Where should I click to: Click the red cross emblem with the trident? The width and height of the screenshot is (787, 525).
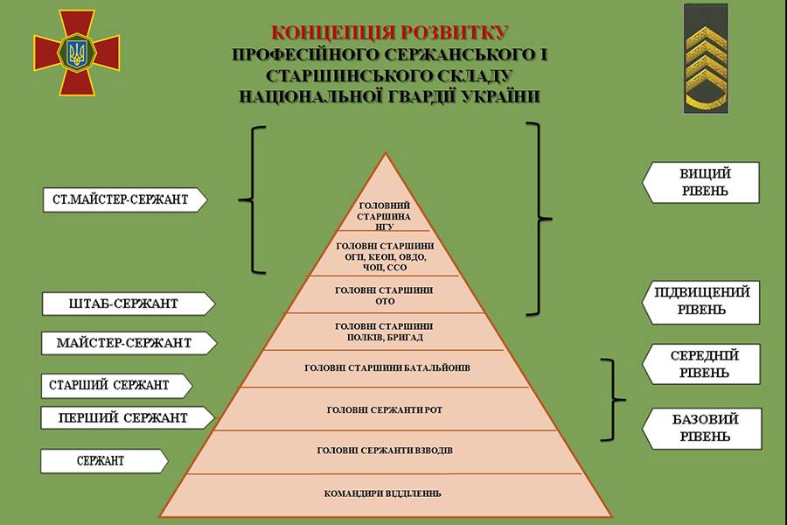tap(77, 52)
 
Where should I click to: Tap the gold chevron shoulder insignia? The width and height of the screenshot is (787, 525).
tap(706, 59)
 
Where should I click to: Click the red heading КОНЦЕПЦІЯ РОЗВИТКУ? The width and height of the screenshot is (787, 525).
tap(389, 32)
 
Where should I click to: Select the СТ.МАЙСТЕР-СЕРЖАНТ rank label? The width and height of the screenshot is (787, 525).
tap(124, 199)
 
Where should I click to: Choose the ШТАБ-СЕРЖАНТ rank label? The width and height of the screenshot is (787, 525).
tap(129, 304)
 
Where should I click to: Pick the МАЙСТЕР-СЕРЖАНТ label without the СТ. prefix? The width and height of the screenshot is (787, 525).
tap(129, 343)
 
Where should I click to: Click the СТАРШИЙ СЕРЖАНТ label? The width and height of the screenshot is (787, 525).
tap(116, 386)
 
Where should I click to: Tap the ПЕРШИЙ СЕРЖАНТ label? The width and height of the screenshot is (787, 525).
tap(128, 418)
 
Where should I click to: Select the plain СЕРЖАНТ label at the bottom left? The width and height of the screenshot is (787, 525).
tap(104, 461)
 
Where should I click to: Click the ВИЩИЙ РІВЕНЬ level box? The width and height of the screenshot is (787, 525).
tap(701, 182)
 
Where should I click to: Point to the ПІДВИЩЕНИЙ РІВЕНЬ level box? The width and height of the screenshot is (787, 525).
tap(701, 302)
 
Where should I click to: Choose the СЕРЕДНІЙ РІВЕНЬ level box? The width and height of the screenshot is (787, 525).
tap(701, 364)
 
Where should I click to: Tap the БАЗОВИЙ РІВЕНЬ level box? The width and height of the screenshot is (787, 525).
tap(702, 428)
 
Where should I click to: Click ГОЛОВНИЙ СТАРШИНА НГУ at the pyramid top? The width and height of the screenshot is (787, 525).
tap(385, 216)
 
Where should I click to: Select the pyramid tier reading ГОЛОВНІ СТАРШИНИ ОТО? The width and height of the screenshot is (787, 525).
tap(385, 296)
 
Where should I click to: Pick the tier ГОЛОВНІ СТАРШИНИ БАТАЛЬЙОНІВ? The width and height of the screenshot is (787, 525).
tap(387, 368)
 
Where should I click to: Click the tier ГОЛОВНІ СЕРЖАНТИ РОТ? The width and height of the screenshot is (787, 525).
tap(385, 410)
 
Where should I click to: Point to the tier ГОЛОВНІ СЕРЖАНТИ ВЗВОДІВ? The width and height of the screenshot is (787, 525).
tap(385, 451)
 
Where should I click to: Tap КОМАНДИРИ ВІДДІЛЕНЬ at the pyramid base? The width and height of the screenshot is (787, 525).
tap(382, 493)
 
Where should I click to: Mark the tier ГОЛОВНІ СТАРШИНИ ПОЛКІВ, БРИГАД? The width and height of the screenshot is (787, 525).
tap(385, 332)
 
